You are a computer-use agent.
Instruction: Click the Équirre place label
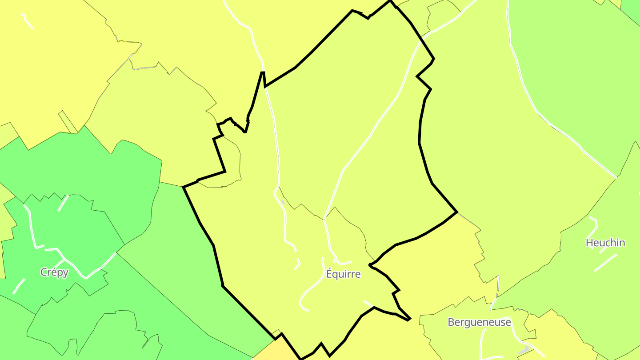pyautogui.click(x=343, y=274)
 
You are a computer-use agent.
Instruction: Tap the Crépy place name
pyautogui.click(x=54, y=272)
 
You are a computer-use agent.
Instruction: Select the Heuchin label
pyautogui.click(x=605, y=243)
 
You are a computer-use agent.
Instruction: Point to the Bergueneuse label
pyautogui.click(x=479, y=322)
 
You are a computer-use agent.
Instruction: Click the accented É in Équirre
pyautogui.click(x=330, y=274)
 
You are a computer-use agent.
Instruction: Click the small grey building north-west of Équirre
pyautogui.click(x=282, y=202)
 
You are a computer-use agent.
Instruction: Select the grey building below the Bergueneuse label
pyautogui.click(x=524, y=350)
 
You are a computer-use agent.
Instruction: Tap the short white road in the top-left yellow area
pyautogui.click(x=27, y=20)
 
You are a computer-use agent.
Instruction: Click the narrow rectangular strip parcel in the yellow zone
pyautogui.click(x=68, y=122)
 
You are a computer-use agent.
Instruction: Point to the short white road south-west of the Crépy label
pyautogui.click(x=19, y=286)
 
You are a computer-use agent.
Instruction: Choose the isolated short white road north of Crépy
pyautogui.click(x=63, y=203)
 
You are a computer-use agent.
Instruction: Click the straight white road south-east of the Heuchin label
pyautogui.click(x=605, y=262)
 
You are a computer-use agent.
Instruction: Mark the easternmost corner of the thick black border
pyautogui.click(x=457, y=212)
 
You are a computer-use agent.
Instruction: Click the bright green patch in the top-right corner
pyautogui.click(x=631, y=8)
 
